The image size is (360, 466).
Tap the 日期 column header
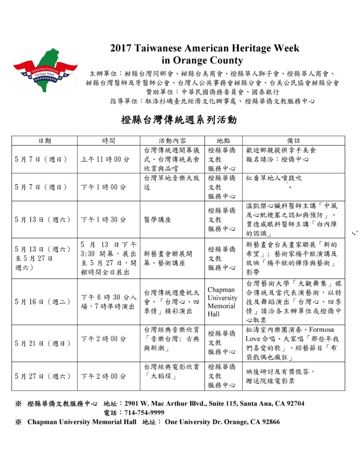(x=44, y=141)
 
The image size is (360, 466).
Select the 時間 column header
(x=109, y=141)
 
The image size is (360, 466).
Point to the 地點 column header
(x=223, y=141)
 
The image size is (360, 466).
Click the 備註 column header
(x=294, y=141)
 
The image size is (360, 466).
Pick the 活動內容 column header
(x=172, y=141)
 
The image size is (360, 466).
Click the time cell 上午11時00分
(x=105, y=159)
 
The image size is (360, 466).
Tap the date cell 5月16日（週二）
(x=42, y=302)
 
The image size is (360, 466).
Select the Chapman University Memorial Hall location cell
(x=222, y=302)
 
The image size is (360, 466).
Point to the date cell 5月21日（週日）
(x=42, y=343)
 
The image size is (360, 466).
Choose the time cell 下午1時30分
(x=104, y=220)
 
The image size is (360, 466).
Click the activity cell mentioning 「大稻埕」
(x=172, y=371)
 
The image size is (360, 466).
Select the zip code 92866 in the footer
(x=269, y=422)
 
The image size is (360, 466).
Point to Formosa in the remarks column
(x=319, y=329)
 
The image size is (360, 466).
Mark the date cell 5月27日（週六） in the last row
(x=42, y=376)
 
